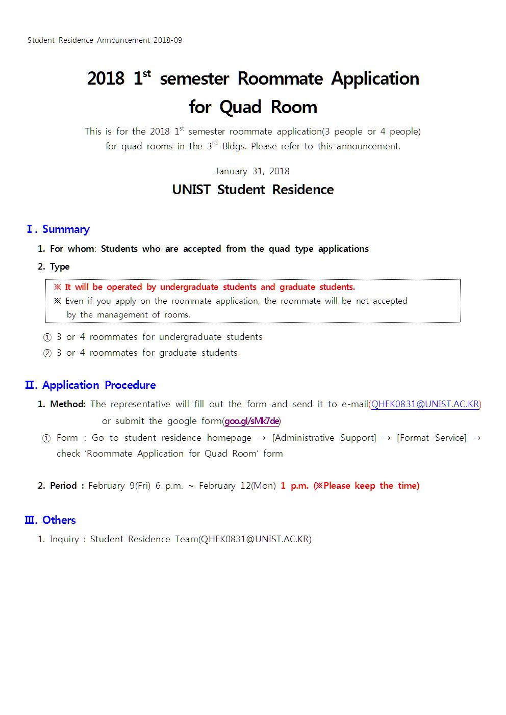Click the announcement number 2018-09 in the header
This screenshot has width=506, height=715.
click(x=168, y=40)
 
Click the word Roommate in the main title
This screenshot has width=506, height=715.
click(x=280, y=79)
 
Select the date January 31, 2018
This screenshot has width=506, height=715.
click(x=252, y=171)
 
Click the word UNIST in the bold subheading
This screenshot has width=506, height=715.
click(x=191, y=190)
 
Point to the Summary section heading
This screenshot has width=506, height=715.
click(x=65, y=229)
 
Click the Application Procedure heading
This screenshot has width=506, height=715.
click(x=98, y=385)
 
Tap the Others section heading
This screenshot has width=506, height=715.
click(x=59, y=520)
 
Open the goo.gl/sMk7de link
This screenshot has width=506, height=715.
click(x=252, y=421)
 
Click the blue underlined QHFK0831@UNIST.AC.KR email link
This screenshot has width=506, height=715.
click(x=425, y=404)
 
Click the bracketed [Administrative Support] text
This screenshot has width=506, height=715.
click(x=324, y=438)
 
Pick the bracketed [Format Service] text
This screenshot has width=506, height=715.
click(x=432, y=438)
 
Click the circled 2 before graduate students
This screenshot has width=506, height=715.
click(x=47, y=353)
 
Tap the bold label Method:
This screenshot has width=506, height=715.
click(x=68, y=404)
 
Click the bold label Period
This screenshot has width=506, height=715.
click(x=63, y=486)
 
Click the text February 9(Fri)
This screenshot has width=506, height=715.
click(x=119, y=486)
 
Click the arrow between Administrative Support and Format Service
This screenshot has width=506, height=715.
click(x=387, y=438)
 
